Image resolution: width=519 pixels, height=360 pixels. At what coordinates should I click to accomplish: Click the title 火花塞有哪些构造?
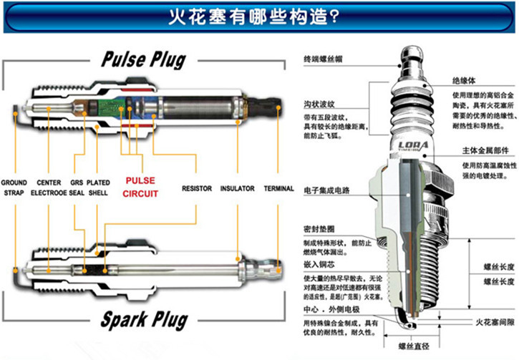point(259,16)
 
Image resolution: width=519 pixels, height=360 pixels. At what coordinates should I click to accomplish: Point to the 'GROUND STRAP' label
point(15,188)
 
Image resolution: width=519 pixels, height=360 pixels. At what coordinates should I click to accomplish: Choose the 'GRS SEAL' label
point(77,188)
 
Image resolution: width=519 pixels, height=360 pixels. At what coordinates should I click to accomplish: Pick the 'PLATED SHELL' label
point(98,188)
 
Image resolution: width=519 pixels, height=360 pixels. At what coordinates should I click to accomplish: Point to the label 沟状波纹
point(316,104)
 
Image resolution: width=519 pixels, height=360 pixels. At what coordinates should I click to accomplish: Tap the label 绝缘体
point(464,81)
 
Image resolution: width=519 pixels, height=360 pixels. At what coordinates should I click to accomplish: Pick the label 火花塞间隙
point(494,323)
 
